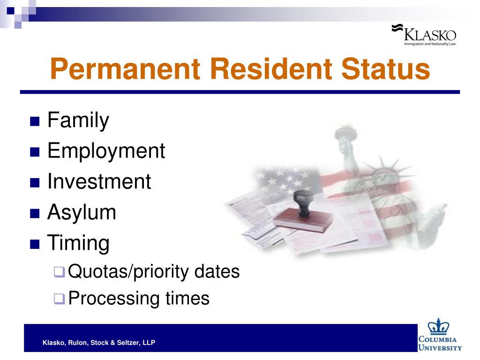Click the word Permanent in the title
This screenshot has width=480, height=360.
[x=125, y=69]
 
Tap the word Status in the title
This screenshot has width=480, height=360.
[x=385, y=69]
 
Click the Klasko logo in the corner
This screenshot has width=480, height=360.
[x=424, y=35]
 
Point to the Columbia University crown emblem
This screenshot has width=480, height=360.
[x=438, y=327]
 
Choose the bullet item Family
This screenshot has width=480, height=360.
[x=78, y=120]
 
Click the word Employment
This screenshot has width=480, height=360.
[x=106, y=151]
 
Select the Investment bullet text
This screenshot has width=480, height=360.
[x=99, y=181]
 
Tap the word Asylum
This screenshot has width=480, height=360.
[x=82, y=212]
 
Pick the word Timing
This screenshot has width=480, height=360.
[x=78, y=243]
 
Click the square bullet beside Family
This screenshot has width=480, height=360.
[x=35, y=121]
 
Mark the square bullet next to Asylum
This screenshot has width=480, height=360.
[x=35, y=213]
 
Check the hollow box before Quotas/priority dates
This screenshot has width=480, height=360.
[x=60, y=272]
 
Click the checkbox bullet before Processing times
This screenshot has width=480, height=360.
[x=60, y=299]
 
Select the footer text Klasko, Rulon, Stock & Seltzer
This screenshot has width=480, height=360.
[x=99, y=343]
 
